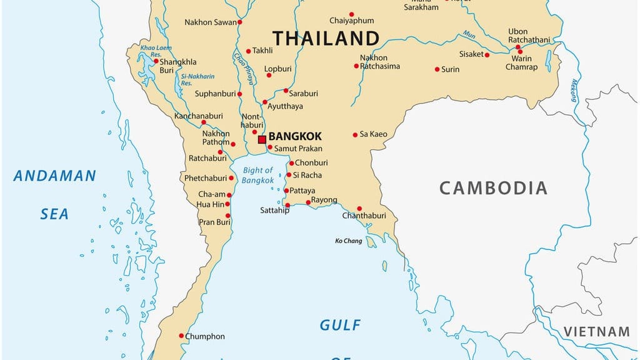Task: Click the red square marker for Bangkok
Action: (262, 139)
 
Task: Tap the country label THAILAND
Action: (326, 38)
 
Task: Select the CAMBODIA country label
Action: (493, 187)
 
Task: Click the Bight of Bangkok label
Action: (258, 175)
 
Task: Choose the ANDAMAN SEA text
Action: (55, 194)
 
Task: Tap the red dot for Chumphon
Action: (181, 336)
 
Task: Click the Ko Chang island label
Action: (348, 241)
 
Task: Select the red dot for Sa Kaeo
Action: (355, 134)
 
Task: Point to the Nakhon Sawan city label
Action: (210, 22)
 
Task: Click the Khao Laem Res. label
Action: (155, 51)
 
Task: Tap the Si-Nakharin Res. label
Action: (197, 80)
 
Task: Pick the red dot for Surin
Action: (437, 69)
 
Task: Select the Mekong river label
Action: (573, 91)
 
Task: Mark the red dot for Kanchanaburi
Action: (203, 122)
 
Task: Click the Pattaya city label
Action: (303, 191)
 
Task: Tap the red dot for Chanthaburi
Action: (359, 209)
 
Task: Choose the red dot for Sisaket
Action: (487, 54)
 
